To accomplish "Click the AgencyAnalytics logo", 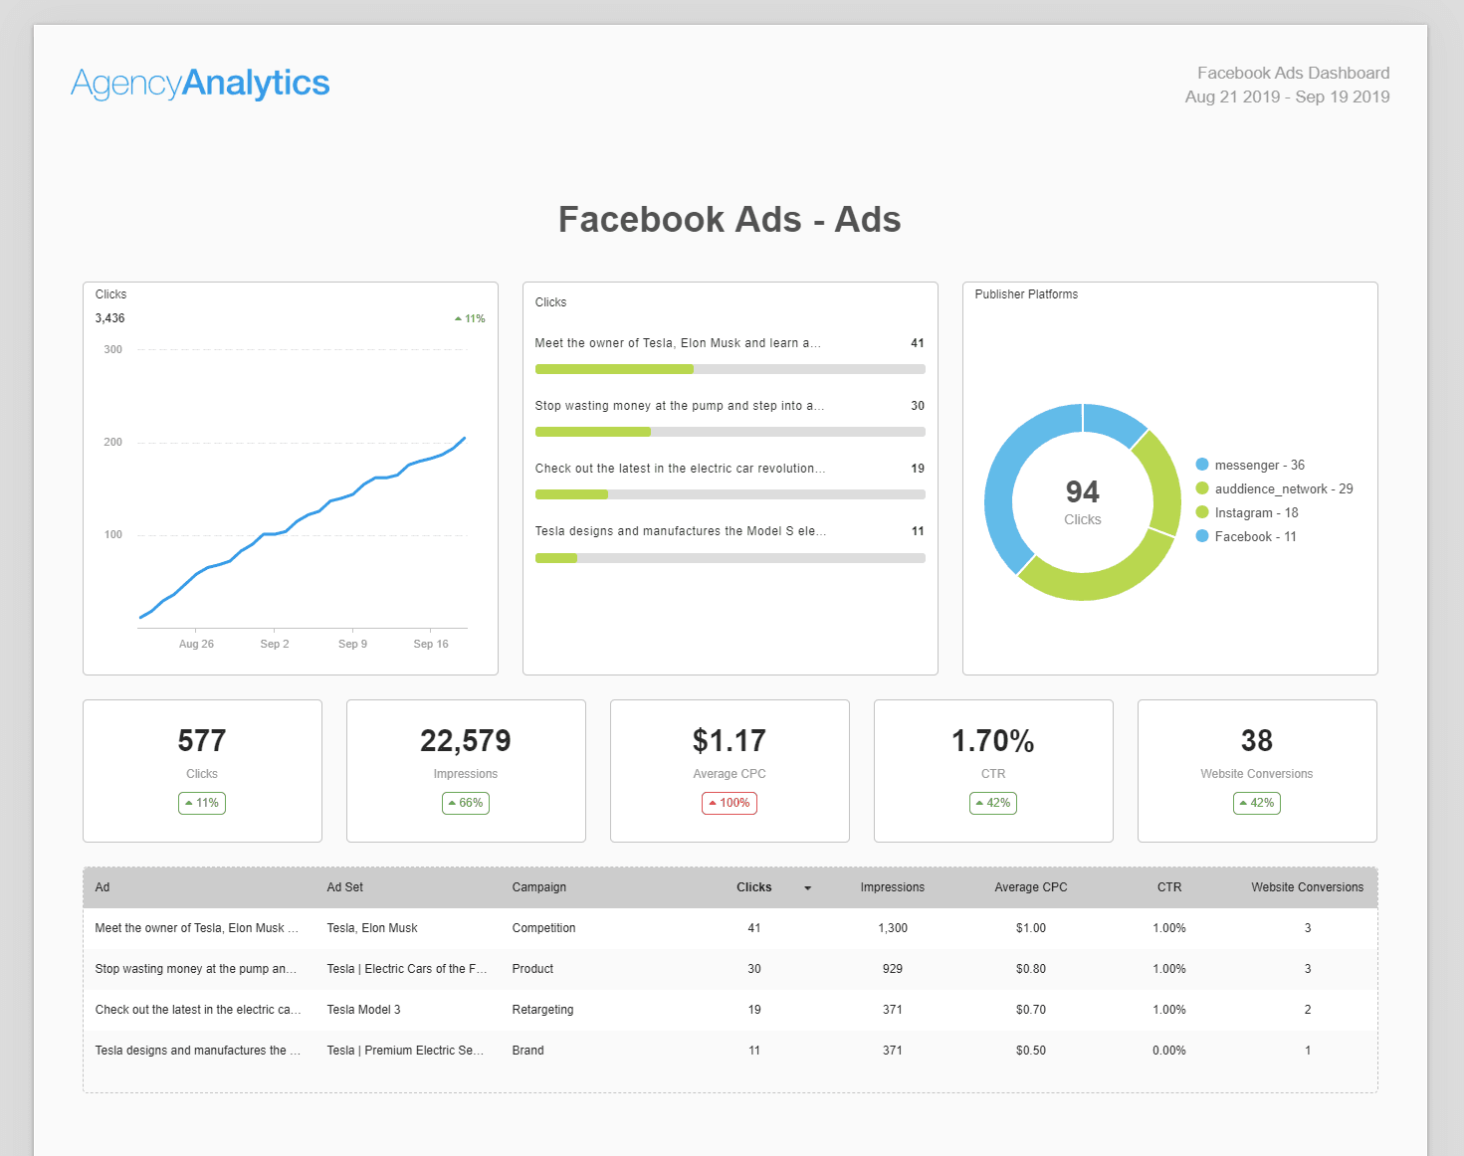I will point(200,84).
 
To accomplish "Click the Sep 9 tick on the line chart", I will point(352,644).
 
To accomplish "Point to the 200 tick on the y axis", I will point(113,442).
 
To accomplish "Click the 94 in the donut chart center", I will point(1082,491).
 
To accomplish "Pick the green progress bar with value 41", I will point(614,369).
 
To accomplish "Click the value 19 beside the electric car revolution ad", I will point(918,469).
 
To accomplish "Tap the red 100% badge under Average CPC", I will point(730,803).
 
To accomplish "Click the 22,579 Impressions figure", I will point(466,741).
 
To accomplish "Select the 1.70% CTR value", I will point(992,741).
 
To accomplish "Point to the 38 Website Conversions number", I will point(1256,741).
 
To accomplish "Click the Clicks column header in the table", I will point(753,887).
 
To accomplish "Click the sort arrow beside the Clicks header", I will point(807,888).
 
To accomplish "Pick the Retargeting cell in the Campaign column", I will point(542,1010).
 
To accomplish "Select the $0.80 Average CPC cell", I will point(1030,969).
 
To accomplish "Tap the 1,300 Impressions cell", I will point(892,928).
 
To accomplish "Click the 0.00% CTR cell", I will point(1168,1051).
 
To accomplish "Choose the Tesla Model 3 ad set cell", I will point(363,1010).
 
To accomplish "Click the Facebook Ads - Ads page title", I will point(730,220).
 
